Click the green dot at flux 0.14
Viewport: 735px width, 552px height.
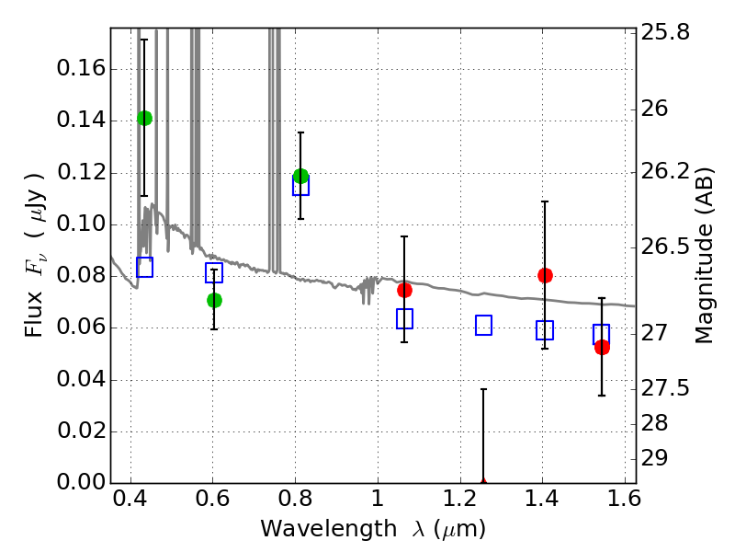pyautogui.click(x=145, y=119)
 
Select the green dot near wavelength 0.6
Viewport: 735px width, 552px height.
pyautogui.click(x=214, y=301)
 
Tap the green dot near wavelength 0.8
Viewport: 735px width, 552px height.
pyautogui.click(x=301, y=177)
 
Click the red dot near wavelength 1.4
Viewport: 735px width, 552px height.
pyautogui.click(x=545, y=275)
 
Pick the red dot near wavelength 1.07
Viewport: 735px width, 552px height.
pyautogui.click(x=404, y=291)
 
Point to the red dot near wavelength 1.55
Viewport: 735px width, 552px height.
pyautogui.click(x=602, y=348)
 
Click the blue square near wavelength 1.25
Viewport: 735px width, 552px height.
pyautogui.click(x=484, y=326)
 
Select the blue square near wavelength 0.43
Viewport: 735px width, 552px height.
pyautogui.click(x=145, y=267)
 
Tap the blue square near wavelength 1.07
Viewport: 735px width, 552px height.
pyautogui.click(x=404, y=318)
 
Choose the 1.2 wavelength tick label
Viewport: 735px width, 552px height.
pyautogui.click(x=460, y=499)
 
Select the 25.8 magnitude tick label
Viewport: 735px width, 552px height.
pyautogui.click(x=665, y=33)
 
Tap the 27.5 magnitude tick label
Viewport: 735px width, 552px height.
pyautogui.click(x=665, y=388)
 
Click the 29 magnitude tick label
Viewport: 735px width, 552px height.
pyautogui.click(x=654, y=458)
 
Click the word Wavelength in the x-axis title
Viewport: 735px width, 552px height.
pyautogui.click(x=329, y=529)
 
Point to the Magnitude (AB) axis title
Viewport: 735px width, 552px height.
pyautogui.click(x=704, y=256)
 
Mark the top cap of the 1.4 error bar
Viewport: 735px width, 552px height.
pyautogui.click(x=545, y=201)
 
